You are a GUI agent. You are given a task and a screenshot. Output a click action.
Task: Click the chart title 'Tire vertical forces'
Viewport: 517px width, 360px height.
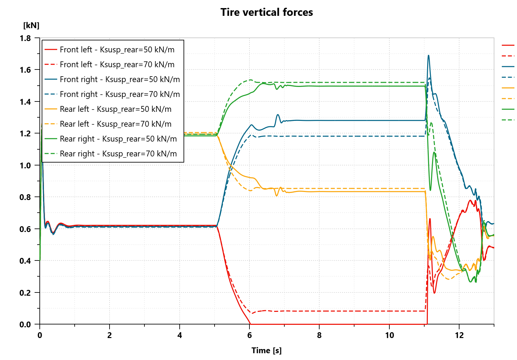point(267,12)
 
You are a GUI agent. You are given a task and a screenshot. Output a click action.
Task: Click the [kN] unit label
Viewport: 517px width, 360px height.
point(31,26)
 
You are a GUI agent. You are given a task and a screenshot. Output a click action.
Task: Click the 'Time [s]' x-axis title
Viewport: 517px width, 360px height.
point(267,351)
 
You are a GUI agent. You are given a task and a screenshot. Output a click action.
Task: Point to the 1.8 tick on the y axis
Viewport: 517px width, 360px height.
point(25,38)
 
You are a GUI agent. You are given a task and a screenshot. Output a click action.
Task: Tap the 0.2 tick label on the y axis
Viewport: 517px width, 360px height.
point(25,293)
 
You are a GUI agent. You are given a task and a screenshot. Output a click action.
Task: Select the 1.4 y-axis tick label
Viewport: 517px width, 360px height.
point(25,102)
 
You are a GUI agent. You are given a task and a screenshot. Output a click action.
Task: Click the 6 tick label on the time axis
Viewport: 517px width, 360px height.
point(249,335)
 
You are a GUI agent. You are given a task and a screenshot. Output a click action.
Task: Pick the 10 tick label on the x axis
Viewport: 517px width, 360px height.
point(389,335)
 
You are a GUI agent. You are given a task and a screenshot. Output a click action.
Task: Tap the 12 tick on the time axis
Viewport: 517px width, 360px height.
point(459,335)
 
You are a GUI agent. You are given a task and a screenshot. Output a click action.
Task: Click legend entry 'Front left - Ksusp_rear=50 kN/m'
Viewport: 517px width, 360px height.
point(117,49)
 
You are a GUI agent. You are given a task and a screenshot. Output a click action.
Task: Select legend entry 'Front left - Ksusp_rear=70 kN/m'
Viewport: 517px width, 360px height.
point(117,64)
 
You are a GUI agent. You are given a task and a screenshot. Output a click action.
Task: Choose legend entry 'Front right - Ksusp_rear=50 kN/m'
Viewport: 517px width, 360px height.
point(120,79)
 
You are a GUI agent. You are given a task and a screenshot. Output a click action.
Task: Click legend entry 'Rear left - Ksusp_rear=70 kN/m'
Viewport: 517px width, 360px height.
point(115,124)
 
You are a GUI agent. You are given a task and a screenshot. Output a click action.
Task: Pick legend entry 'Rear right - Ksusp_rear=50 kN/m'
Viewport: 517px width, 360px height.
point(118,139)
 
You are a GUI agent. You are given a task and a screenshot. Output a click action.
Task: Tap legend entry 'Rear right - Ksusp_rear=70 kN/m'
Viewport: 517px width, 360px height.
point(118,154)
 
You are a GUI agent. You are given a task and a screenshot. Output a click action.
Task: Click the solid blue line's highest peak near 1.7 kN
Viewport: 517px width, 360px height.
point(428,56)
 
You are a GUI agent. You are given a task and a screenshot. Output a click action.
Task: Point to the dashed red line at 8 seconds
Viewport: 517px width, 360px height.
point(319,311)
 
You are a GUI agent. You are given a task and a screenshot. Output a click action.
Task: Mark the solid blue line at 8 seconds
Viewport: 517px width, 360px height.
point(319,121)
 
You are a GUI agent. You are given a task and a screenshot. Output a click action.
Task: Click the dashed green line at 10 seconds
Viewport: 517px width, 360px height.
point(389,82)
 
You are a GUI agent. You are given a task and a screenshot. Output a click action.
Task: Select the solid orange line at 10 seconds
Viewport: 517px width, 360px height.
point(389,192)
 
